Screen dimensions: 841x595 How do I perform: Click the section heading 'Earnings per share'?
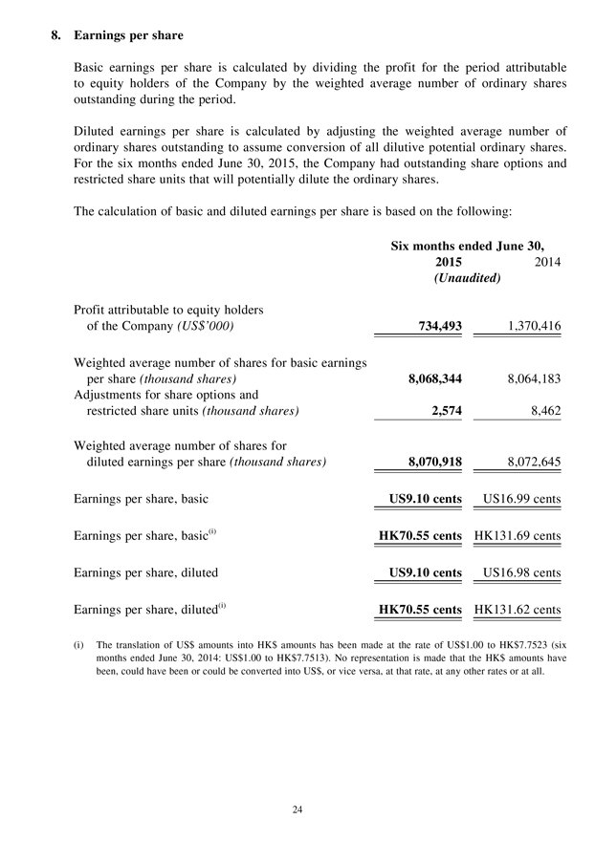pos(128,35)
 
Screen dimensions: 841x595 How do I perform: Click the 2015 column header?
pos(448,261)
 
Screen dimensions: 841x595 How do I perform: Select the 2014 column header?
pos(544,261)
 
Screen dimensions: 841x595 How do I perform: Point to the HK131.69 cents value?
pos(518,536)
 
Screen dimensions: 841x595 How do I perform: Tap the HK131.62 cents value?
pos(518,610)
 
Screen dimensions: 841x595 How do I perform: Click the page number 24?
pos(297,810)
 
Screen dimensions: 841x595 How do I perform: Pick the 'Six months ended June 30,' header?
pos(475,245)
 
